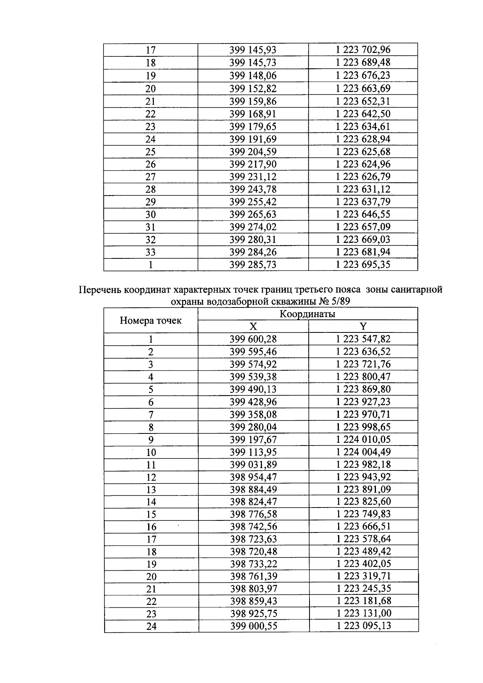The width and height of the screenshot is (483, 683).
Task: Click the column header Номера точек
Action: pos(151,321)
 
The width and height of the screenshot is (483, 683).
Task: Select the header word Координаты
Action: pos(308,314)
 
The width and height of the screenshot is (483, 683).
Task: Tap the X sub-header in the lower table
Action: pos(253,326)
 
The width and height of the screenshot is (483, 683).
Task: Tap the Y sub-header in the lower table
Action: pos(363,326)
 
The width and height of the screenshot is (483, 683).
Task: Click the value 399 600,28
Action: pos(253,339)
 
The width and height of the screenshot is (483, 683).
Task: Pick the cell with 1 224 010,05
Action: pos(363,439)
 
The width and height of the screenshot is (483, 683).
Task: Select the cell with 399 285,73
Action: pos(253,265)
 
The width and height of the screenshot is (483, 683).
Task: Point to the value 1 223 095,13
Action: pos(363,626)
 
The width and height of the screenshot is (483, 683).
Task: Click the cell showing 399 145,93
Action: pos(253,50)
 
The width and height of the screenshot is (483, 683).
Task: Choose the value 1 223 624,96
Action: pos(363,164)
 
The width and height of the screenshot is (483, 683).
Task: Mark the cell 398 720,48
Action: pos(254,551)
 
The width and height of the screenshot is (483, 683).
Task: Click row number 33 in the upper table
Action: pos(151,252)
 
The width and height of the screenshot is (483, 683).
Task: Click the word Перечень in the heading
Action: pos(99,290)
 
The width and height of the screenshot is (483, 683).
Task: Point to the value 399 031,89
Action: pos(253,464)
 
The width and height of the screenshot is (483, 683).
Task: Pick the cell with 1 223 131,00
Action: pos(363,613)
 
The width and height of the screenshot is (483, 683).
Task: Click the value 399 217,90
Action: pos(253,164)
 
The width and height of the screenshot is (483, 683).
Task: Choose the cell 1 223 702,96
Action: pos(363,50)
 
